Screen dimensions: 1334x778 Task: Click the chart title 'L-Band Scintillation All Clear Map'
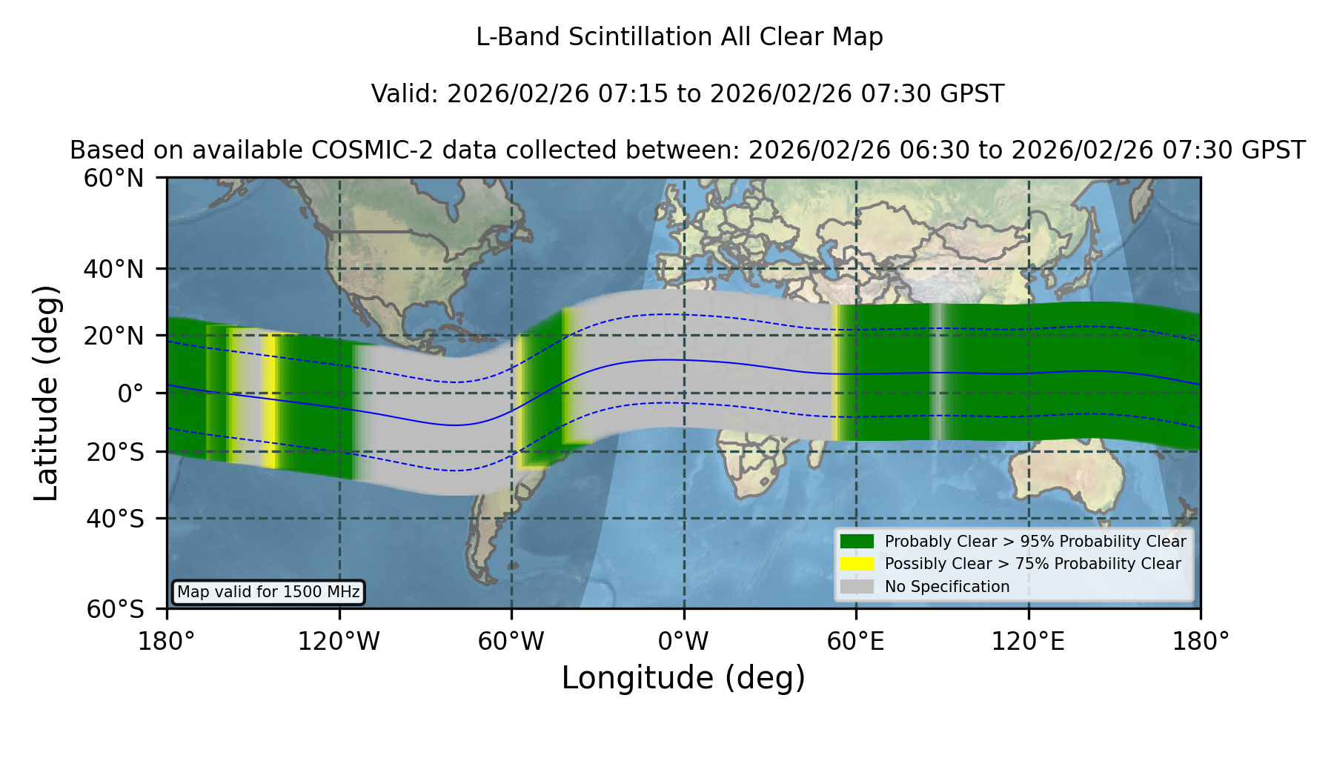pos(679,37)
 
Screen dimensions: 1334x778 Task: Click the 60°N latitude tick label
pos(113,178)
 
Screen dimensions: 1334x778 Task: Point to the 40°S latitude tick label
pos(115,519)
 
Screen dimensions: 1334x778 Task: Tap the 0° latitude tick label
pos(130,393)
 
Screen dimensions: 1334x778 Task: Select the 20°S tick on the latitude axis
pos(115,452)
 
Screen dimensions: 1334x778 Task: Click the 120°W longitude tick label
pos(339,641)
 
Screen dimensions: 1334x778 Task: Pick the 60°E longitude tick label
pos(856,641)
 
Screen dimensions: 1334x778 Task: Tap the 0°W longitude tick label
pos(683,641)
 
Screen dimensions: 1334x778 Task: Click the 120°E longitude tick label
pos(1028,641)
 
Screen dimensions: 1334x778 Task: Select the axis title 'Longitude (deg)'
pos(683,678)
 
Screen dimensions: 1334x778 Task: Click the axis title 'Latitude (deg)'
pos(46,393)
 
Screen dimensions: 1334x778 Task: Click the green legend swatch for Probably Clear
pos(857,542)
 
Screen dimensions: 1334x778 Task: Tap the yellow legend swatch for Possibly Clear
pos(857,564)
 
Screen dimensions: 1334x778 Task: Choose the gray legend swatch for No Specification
pos(857,587)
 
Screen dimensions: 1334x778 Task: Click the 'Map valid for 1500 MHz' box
pos(268,592)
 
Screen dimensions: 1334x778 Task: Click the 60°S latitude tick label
pos(115,609)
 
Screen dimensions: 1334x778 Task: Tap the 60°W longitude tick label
pos(511,641)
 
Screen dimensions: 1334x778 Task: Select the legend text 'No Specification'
pos(947,587)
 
